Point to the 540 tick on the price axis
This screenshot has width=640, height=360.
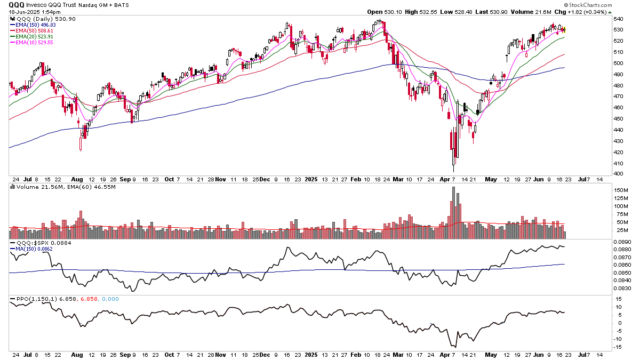pos(618,19)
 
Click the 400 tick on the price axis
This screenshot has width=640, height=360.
pos(618,174)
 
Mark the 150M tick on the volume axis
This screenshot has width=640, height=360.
pos(620,190)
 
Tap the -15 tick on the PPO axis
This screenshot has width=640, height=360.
pos(619,347)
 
